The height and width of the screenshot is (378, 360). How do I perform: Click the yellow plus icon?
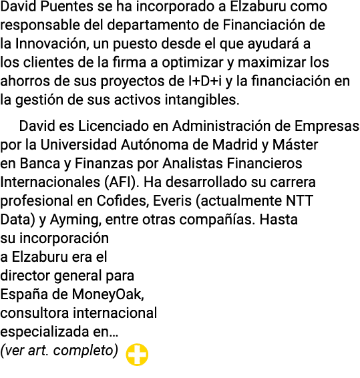[137, 355]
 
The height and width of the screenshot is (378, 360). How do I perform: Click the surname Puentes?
[67, 6]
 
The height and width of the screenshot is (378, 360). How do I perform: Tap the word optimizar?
[192, 63]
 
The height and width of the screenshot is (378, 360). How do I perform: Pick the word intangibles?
[202, 100]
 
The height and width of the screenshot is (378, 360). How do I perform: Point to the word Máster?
[295, 145]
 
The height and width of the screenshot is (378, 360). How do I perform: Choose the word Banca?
[40, 164]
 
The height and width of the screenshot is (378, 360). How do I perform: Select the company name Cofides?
[123, 201]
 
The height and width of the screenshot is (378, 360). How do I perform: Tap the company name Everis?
[172, 201]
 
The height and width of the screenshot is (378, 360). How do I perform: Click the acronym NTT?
[299, 201]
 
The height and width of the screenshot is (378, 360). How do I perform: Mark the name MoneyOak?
[108, 295]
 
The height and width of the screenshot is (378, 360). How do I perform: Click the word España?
[24, 295]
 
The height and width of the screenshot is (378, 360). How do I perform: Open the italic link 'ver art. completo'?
[59, 351]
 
